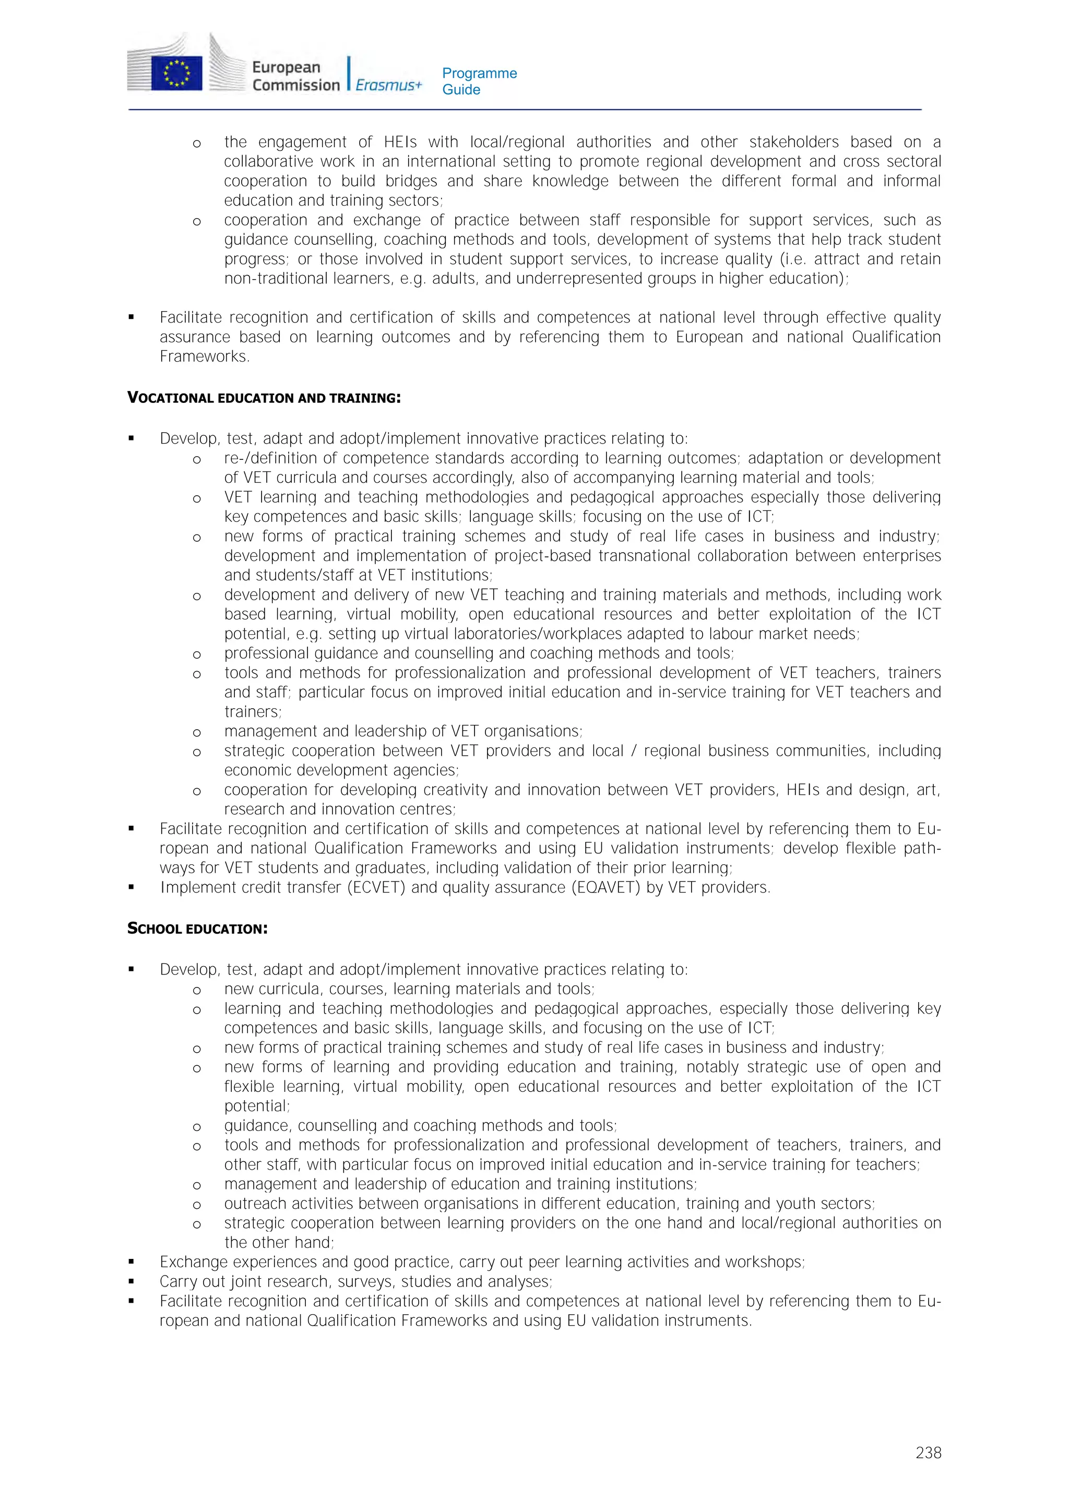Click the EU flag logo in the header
click(x=176, y=73)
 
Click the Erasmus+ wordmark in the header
click(x=388, y=85)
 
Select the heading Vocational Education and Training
click(x=264, y=398)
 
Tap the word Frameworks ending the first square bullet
click(x=204, y=356)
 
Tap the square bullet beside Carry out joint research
click(x=132, y=1281)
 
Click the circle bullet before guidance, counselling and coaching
click(x=196, y=1126)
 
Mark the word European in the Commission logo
click(x=286, y=67)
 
